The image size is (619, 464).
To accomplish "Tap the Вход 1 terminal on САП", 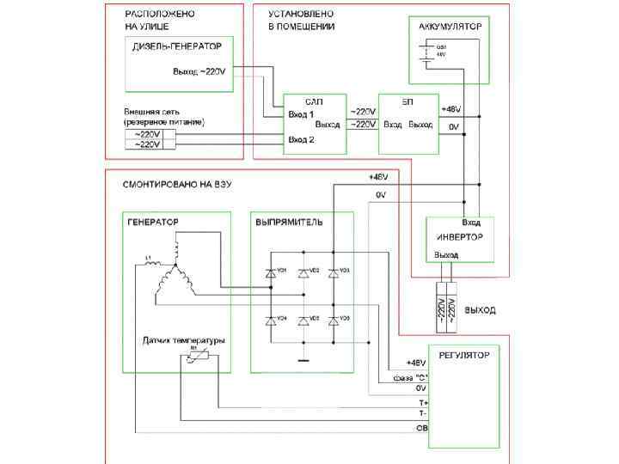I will coord(302,113).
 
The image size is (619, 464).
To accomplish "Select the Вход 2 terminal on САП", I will coord(302,139).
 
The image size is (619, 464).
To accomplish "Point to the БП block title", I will coord(408,101).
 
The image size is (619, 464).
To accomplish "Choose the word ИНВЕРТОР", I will coord(459,236).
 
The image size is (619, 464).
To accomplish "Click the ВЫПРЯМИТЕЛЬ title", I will coord(289,222).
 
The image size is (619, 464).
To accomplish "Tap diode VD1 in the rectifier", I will coord(270,272).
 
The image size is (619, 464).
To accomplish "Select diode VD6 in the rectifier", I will coord(334,321).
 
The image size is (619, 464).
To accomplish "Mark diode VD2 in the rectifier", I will coord(302,272).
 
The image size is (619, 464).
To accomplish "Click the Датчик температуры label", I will coord(183,340).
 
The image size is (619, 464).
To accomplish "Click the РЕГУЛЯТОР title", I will coord(464,354).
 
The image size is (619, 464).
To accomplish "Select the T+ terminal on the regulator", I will coord(421,401).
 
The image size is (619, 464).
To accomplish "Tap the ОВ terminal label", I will coord(421,427).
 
